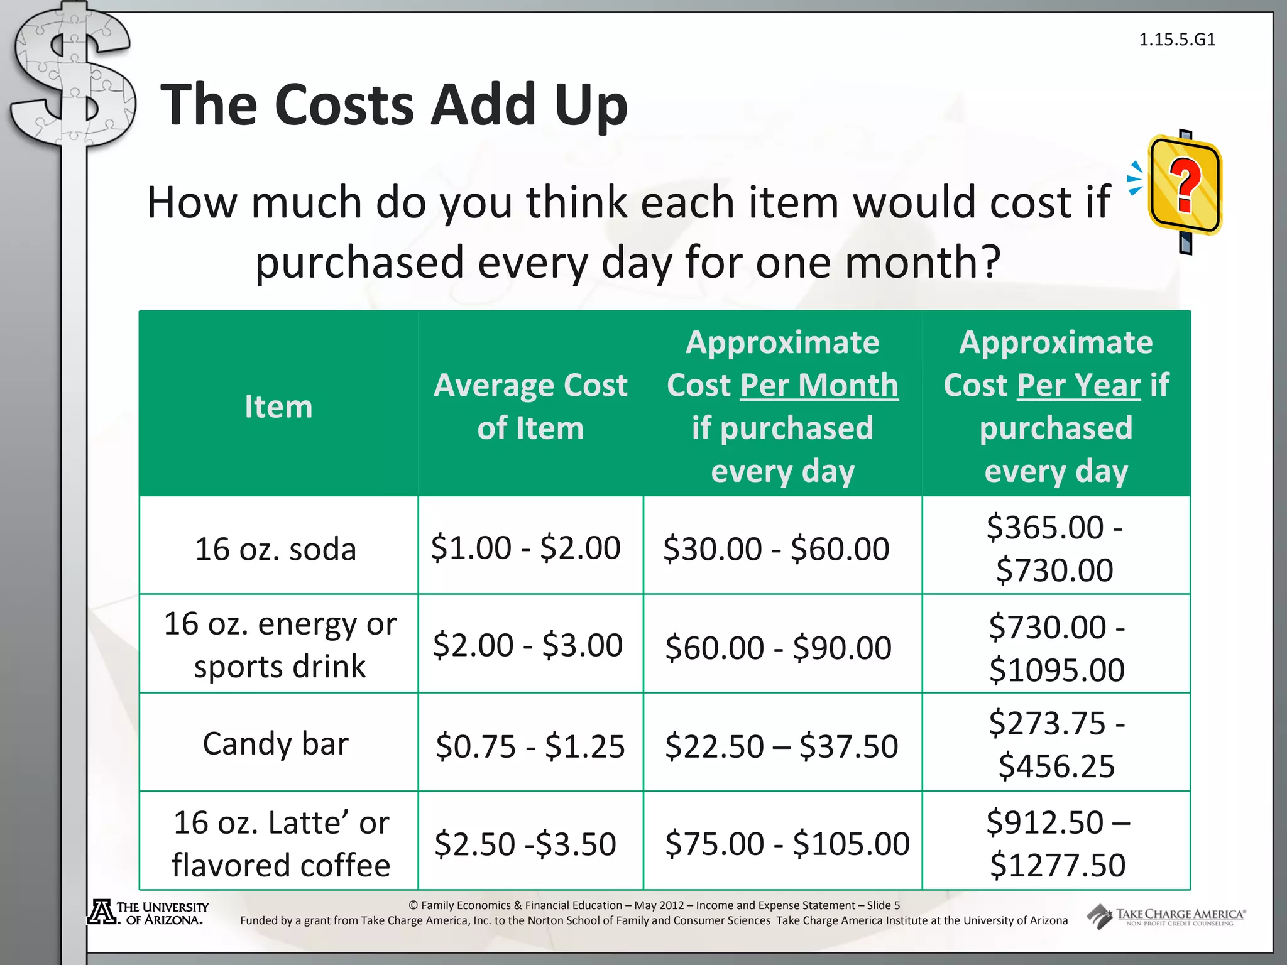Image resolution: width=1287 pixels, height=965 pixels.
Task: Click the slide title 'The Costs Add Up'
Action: (x=394, y=104)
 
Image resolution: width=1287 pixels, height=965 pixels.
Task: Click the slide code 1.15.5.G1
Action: (x=1177, y=40)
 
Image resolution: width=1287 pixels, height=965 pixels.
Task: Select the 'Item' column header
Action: (x=278, y=406)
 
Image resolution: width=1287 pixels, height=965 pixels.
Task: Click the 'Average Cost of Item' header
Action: (x=530, y=406)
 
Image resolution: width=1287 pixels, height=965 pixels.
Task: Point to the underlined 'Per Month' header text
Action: (x=819, y=385)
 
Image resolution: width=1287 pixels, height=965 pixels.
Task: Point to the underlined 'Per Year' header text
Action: (x=1078, y=385)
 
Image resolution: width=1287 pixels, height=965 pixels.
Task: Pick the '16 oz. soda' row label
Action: (x=276, y=549)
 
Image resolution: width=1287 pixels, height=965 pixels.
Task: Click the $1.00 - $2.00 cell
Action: (x=525, y=548)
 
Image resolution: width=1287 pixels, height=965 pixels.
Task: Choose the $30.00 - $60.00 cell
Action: (x=776, y=548)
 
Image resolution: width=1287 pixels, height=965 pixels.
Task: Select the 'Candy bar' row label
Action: (x=275, y=744)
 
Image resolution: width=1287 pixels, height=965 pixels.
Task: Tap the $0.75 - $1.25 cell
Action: (x=530, y=746)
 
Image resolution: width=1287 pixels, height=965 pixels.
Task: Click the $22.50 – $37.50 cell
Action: (x=781, y=746)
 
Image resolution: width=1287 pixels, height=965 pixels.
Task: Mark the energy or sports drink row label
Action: (x=280, y=645)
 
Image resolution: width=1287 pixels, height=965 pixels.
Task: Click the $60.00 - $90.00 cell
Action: (x=778, y=648)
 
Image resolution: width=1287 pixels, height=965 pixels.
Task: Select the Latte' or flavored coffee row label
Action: (x=281, y=843)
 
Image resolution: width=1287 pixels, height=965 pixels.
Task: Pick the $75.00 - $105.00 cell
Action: (x=787, y=843)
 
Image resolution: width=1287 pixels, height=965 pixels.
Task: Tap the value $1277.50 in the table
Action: (x=1057, y=865)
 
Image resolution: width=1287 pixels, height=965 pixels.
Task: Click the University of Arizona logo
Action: (x=148, y=913)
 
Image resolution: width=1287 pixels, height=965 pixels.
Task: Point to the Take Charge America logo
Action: (x=1166, y=917)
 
